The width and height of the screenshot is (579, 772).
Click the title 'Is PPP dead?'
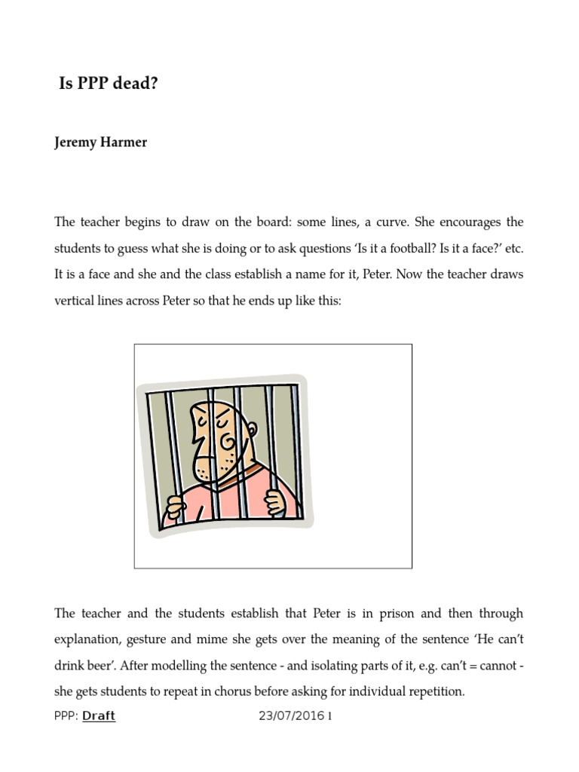[x=109, y=84]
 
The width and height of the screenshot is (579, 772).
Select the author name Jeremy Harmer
[x=100, y=142]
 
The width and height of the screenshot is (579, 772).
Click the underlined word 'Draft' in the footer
[x=99, y=716]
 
